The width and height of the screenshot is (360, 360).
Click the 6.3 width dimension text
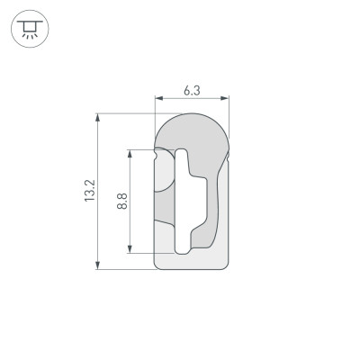click(x=192, y=90)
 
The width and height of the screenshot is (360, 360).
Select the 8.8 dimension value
click(x=121, y=200)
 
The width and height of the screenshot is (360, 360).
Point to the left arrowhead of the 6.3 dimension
click(x=157, y=98)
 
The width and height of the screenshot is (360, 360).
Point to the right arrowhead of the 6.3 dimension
click(x=228, y=98)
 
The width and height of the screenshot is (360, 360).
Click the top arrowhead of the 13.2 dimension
click(x=97, y=116)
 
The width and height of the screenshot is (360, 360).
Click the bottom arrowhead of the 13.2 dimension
click(x=97, y=265)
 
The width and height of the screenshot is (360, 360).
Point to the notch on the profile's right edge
click(x=229, y=158)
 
